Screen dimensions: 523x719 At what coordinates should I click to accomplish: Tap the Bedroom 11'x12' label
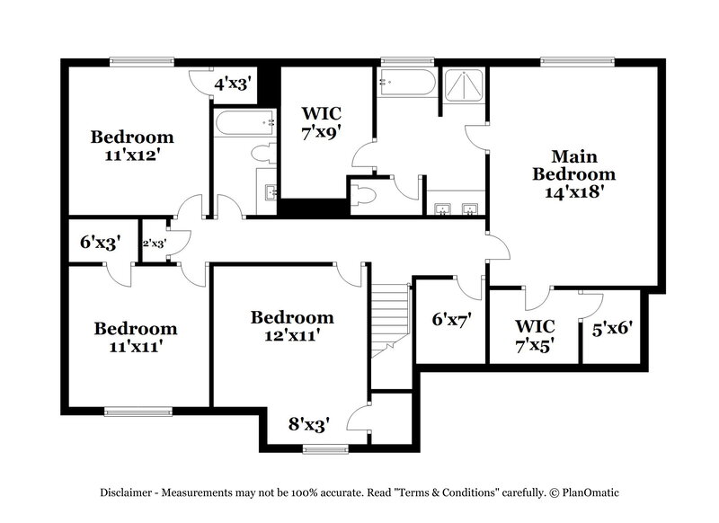point(132,145)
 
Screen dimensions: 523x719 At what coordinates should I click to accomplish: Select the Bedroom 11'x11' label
point(136,337)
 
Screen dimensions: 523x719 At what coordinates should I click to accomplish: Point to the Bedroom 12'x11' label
point(292,325)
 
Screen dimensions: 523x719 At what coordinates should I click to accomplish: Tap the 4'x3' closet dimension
point(231,84)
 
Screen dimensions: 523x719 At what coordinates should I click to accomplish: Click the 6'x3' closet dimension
point(100,242)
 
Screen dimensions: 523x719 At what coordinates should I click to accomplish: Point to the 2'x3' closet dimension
point(154,243)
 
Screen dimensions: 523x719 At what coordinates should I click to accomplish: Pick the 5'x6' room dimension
point(613,329)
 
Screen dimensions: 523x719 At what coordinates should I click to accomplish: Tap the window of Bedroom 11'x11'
point(136,412)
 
